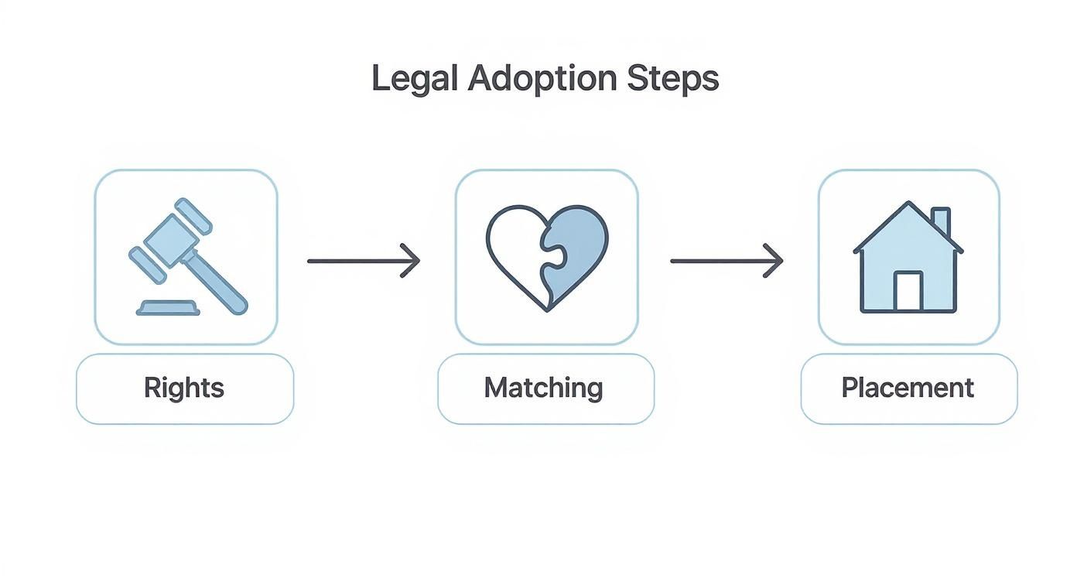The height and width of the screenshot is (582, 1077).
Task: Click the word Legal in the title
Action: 415,79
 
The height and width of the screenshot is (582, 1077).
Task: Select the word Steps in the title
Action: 675,79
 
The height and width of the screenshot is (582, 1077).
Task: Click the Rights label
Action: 184,388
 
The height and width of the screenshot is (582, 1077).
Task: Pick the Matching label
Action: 544,388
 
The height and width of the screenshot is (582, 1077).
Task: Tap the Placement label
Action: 908,388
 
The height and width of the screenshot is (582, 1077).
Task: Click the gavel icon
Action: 186,258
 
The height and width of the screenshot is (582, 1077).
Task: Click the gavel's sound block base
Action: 168,308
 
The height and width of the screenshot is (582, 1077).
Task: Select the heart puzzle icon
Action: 547,258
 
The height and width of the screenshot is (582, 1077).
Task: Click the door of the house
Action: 908,291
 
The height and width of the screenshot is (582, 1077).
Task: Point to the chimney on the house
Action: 941,221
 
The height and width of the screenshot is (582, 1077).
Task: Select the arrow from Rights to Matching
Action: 363,261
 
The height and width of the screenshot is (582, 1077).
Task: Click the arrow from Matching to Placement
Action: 726,261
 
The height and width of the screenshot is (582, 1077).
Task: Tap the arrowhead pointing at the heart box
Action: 412,261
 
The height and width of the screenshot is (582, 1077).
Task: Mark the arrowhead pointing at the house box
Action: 774,261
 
